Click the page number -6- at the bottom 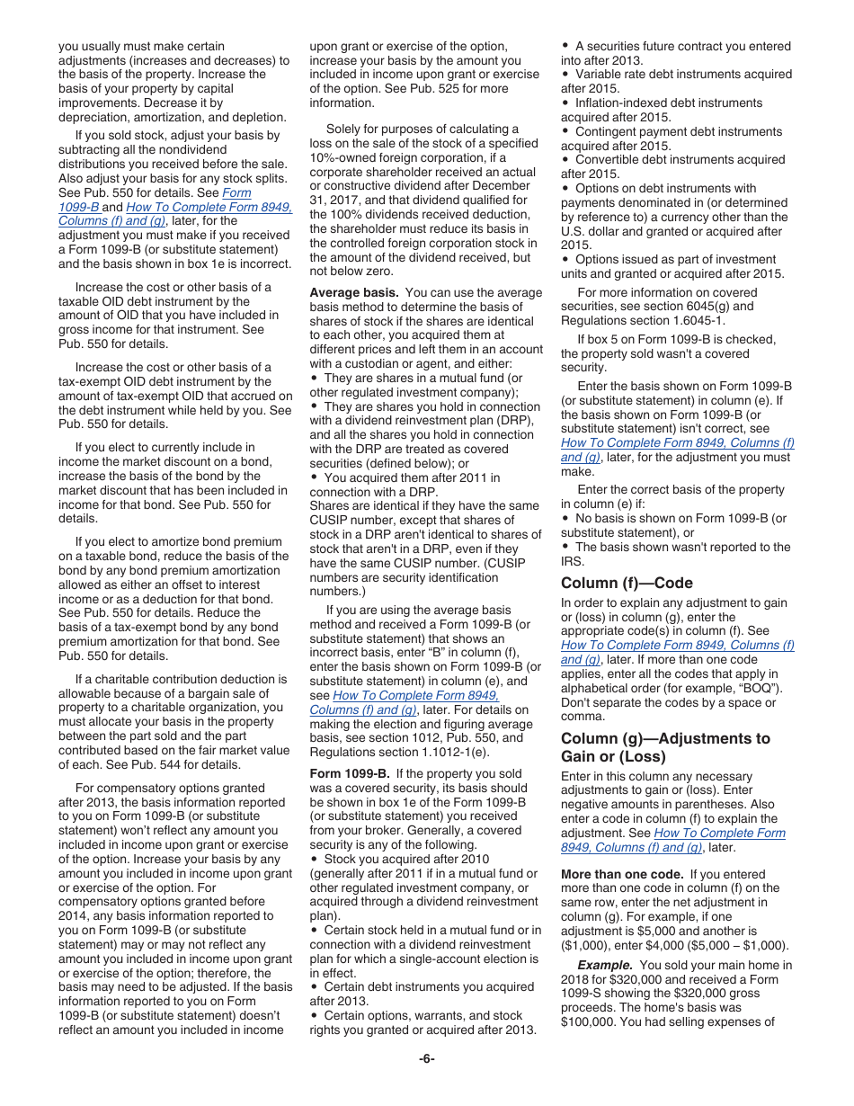[426, 1058]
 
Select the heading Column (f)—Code [627, 583]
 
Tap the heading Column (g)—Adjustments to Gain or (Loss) [665, 747]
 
